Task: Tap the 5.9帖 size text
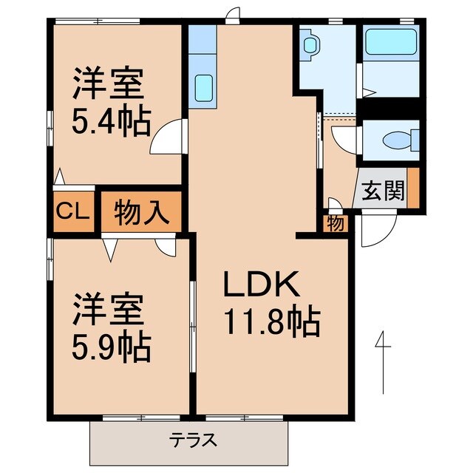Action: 111,345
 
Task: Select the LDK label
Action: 260,285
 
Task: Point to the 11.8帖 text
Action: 270,322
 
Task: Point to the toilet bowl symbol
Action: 401,140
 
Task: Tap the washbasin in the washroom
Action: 310,45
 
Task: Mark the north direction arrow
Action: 382,362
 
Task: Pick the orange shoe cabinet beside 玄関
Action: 413,188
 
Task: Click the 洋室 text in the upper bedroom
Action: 108,83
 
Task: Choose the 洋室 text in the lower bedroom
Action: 108,310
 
